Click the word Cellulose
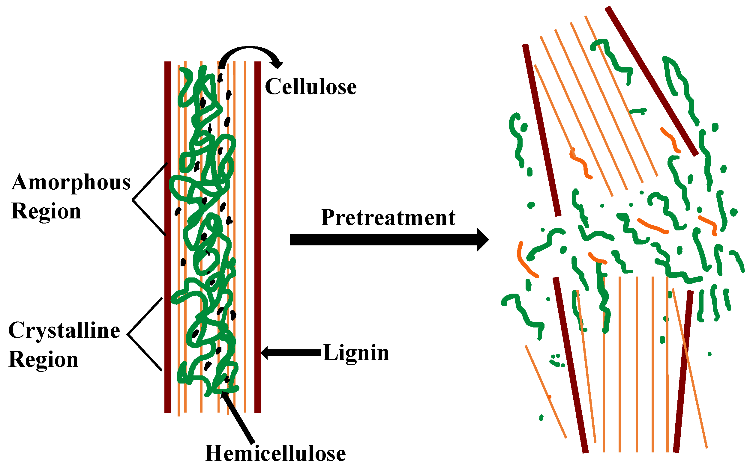point(311,87)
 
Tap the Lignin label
point(356,353)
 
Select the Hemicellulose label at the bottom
point(275,454)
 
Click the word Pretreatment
point(388,218)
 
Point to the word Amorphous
point(71,183)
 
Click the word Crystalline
point(64,331)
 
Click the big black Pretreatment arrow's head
point(483,240)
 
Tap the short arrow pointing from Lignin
point(291,353)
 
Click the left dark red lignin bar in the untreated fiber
point(168,237)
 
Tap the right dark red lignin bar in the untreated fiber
point(258,237)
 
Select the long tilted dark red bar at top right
point(652,81)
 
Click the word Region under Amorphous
point(46,211)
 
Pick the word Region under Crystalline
point(43,360)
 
